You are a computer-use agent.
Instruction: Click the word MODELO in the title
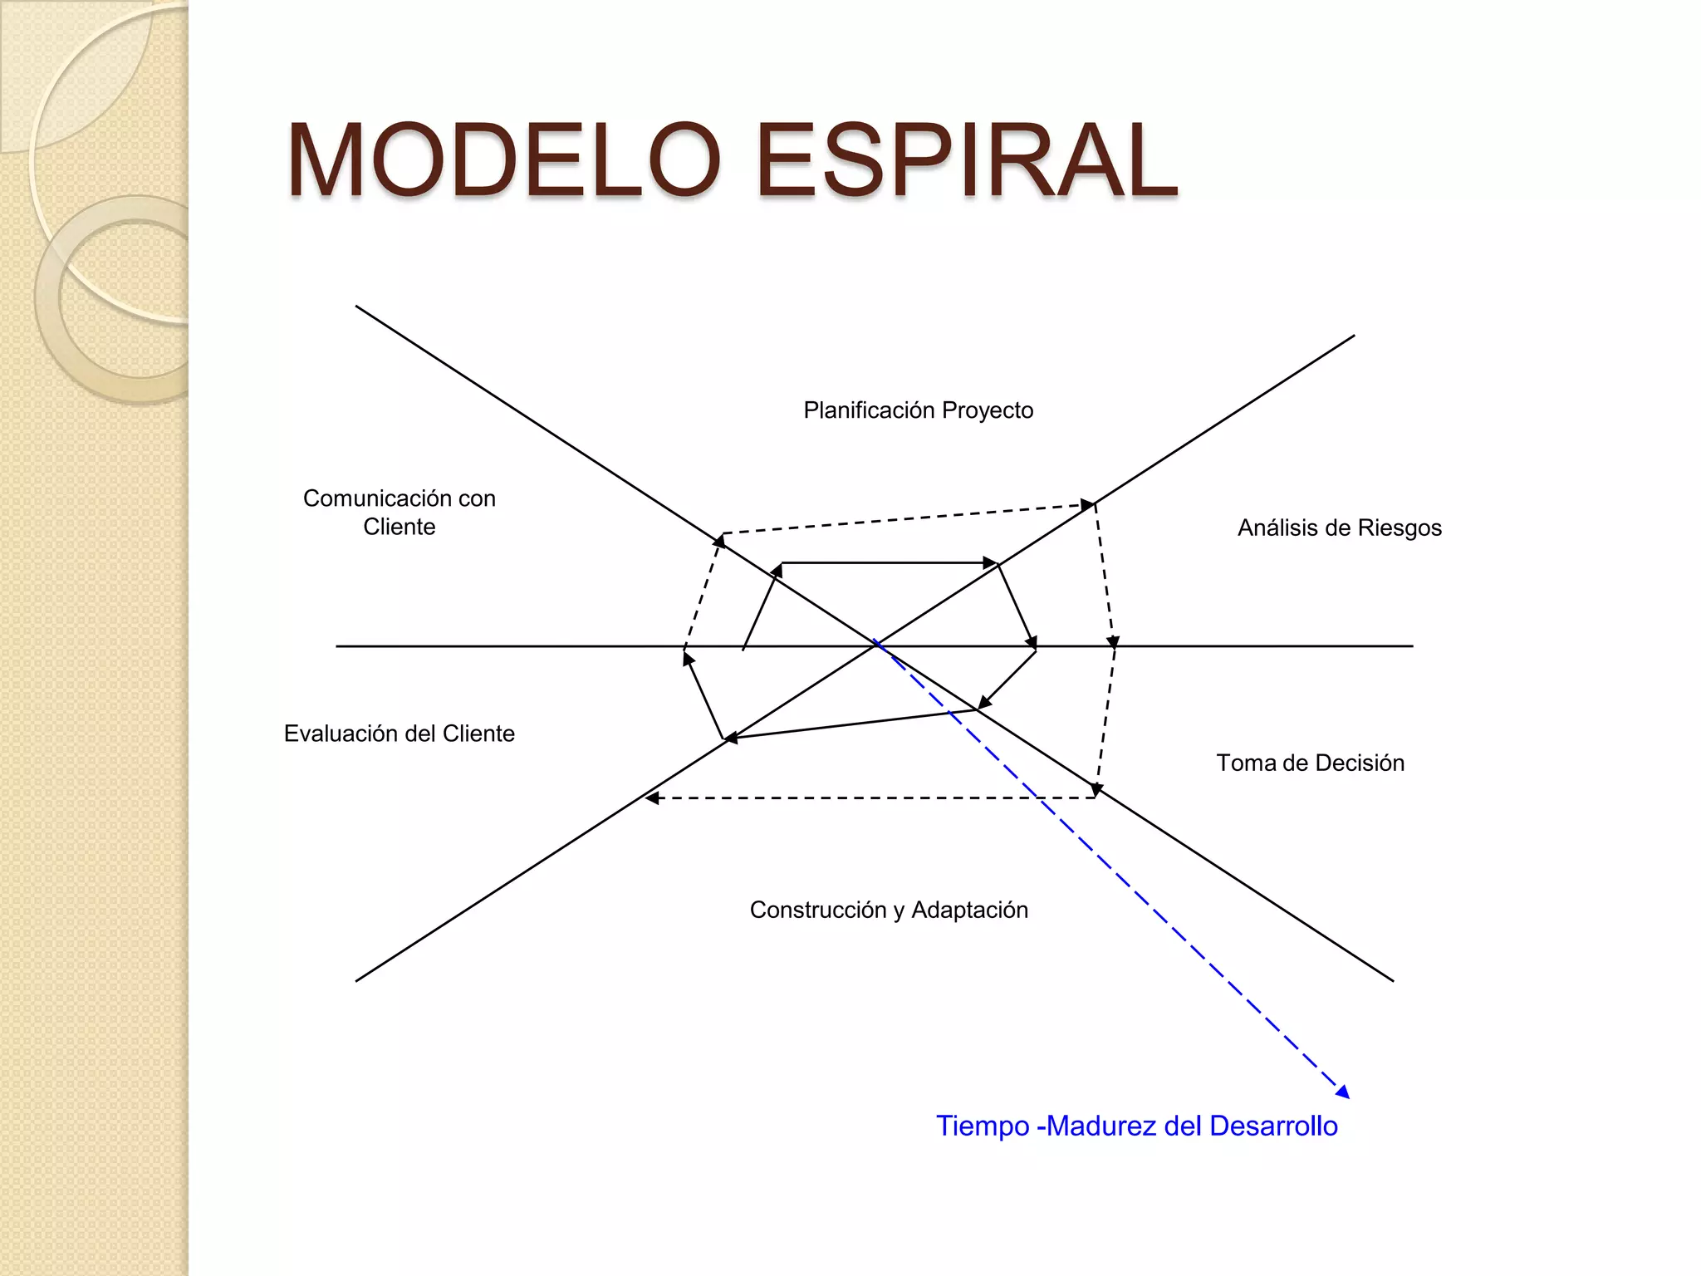503,160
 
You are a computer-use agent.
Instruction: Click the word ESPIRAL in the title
966,160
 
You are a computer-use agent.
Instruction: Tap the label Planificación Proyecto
918,410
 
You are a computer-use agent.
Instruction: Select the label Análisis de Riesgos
1339,528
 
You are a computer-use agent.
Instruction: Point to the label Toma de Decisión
1310,763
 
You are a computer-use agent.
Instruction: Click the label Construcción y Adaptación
889,910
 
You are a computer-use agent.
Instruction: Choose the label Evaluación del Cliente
399,734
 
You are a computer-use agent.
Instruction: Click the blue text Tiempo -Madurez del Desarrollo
1136,1126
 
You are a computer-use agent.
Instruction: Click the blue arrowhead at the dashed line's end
1343,1092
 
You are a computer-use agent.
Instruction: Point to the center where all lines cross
875,645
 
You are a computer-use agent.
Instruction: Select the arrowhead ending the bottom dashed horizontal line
653,798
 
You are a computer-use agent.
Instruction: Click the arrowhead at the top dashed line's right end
1087,505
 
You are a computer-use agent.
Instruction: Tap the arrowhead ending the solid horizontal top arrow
989,563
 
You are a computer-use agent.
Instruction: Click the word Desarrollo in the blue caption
1273,1126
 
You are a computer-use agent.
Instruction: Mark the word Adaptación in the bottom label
969,910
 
